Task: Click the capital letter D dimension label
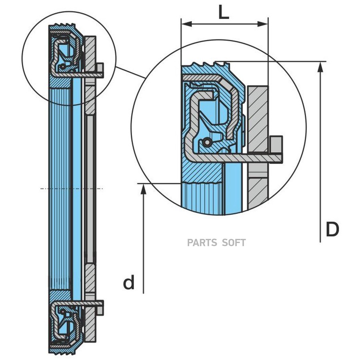332,230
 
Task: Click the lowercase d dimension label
129,283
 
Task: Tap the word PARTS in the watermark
202,242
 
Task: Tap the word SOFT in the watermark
234,242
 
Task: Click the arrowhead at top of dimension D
320,66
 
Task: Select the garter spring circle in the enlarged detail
206,142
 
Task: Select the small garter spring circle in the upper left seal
63,66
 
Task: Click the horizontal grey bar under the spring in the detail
240,158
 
